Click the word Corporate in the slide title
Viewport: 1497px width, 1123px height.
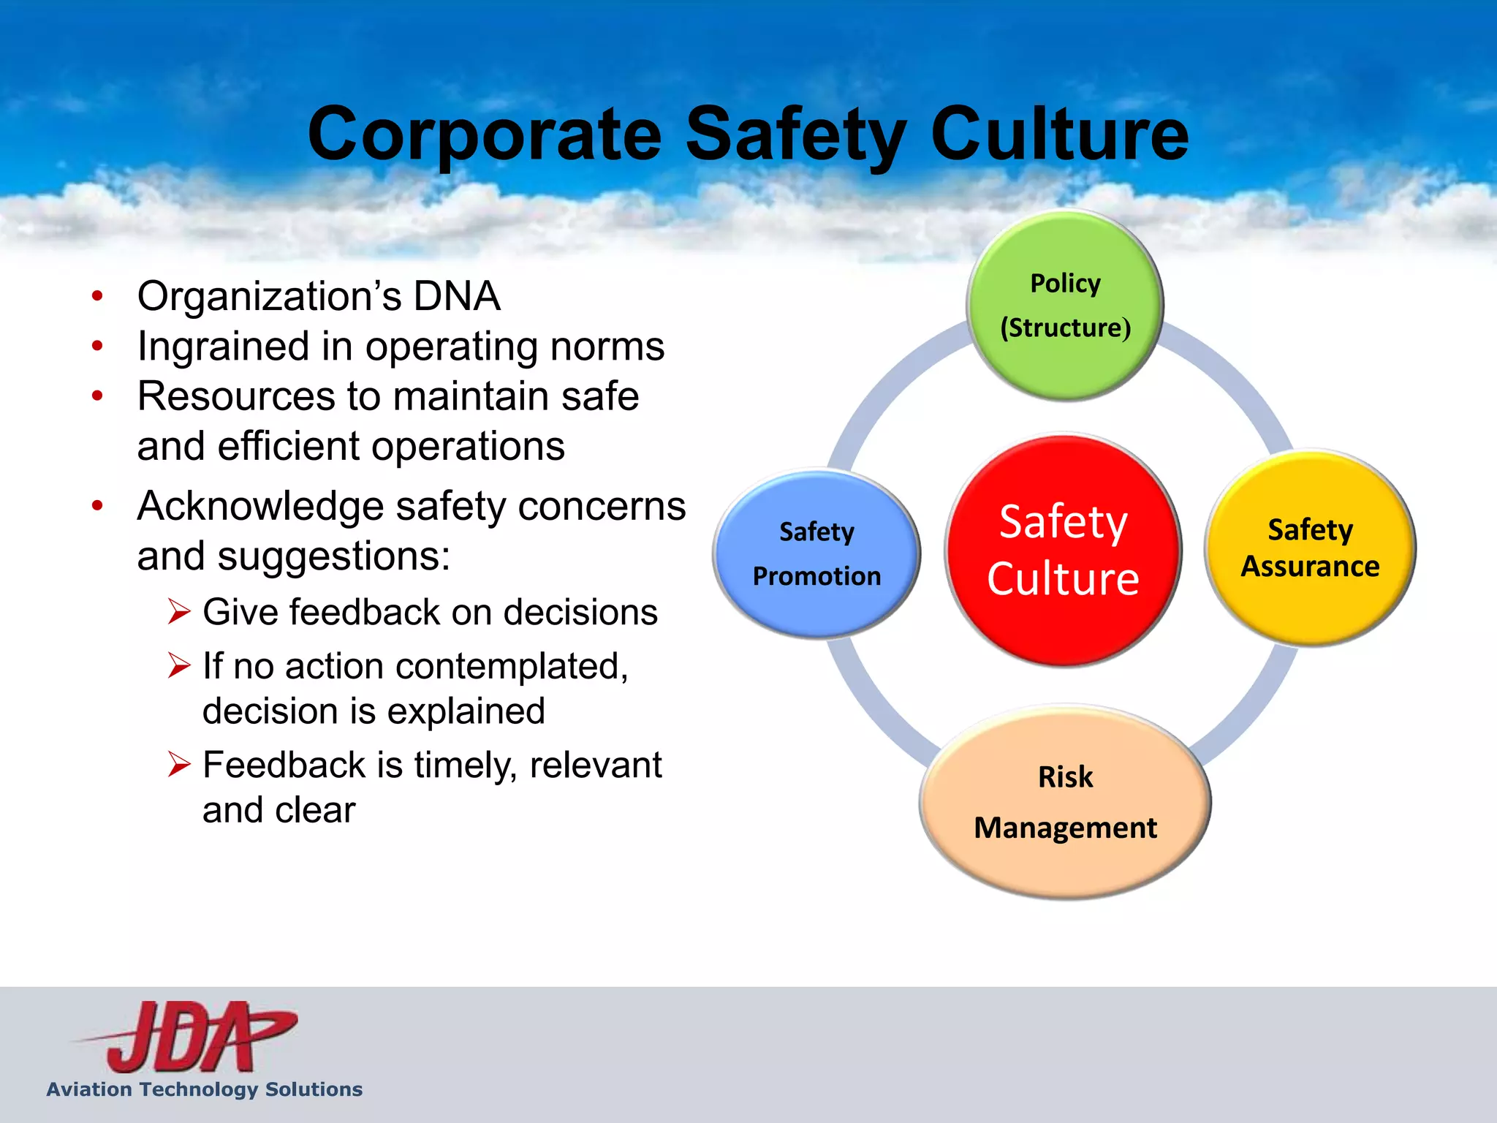(x=485, y=135)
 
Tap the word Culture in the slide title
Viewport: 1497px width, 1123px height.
(x=1059, y=135)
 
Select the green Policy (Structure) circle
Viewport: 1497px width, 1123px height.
(x=1065, y=306)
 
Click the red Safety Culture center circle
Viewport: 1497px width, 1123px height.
(x=1064, y=550)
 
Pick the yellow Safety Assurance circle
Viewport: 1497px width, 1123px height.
(x=1310, y=548)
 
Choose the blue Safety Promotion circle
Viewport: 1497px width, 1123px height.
(x=816, y=553)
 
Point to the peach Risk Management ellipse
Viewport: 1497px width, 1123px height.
(x=1065, y=802)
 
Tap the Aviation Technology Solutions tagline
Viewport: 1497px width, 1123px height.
(x=205, y=1089)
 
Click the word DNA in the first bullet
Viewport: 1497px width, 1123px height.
(x=457, y=297)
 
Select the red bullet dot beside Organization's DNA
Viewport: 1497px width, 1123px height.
(x=97, y=297)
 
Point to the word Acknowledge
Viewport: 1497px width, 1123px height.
(x=260, y=506)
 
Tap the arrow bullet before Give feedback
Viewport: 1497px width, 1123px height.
(x=179, y=611)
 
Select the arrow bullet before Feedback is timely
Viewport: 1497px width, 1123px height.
(x=179, y=764)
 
